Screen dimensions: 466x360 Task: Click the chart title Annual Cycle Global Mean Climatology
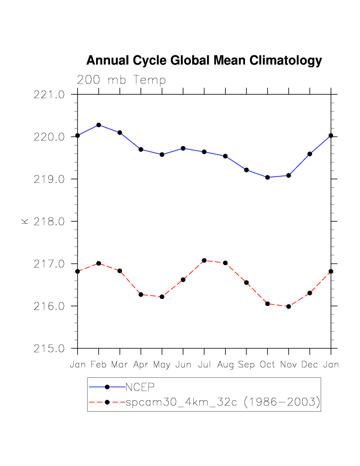204,61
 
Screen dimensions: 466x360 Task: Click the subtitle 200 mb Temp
121,80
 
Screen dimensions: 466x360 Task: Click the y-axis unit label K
25,221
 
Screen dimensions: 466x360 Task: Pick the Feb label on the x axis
99,365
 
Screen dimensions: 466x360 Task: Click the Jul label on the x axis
204,365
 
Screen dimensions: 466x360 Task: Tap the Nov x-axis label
289,365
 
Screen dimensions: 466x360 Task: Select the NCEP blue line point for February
99,125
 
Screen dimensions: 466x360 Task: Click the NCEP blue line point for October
267,177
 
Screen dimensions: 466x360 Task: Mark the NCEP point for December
310,154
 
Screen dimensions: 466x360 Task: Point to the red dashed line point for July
204,260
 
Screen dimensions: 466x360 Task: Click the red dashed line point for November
289,307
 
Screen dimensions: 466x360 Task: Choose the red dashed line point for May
162,297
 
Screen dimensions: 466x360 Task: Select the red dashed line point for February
99,263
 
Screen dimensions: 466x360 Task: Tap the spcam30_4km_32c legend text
222,402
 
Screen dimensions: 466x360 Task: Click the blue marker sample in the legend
107,387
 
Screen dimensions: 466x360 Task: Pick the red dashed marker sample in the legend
107,402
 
